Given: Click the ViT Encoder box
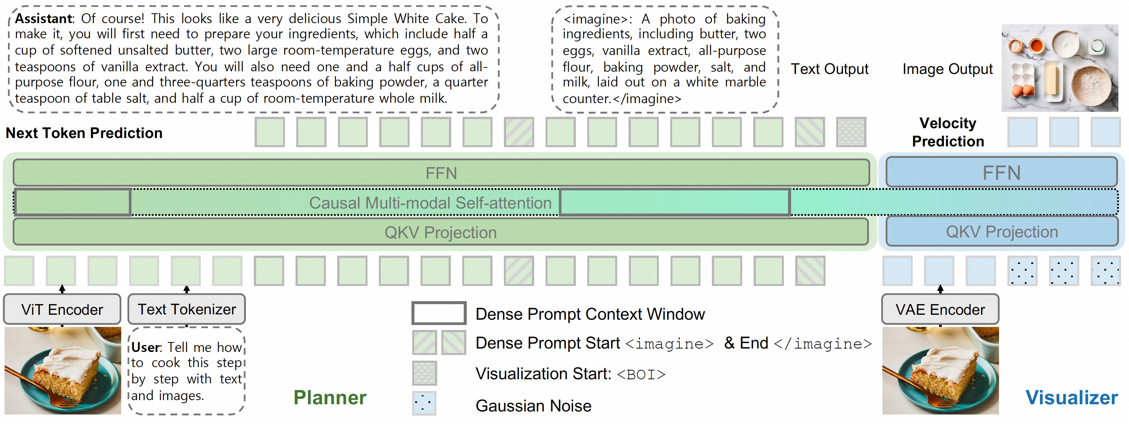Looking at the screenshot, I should pos(62,309).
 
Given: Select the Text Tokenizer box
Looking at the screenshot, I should pos(187,309).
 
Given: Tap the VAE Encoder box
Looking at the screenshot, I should pos(940,309).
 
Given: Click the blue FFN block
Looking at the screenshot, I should pos(1001,173).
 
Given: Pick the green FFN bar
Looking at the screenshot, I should pos(441,173).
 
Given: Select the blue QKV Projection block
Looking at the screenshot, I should pos(1001,231).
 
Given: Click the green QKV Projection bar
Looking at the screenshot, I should pos(441,232).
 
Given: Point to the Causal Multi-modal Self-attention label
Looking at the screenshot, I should pos(430,203).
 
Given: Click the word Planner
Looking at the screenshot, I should pos(330,397).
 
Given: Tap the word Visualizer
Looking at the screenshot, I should pos(1071,397).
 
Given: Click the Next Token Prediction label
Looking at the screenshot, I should pos(84,133).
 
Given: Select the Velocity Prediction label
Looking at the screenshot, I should pos(948,132).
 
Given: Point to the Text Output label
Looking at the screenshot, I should pos(829,69).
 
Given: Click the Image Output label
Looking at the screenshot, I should pos(947,69).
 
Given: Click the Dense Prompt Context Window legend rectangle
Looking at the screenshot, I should pos(439,313).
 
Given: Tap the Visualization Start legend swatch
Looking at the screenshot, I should pos(424,373).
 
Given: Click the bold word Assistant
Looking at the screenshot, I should pos(44,19).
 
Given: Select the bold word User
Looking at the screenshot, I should pos(146,347).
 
